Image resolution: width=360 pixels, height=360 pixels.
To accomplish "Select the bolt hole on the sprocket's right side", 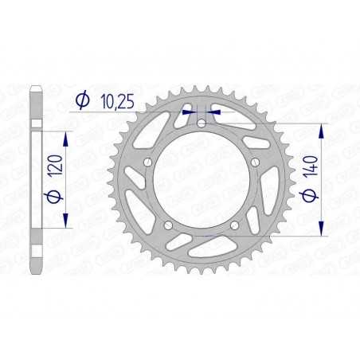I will click(254, 162).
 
